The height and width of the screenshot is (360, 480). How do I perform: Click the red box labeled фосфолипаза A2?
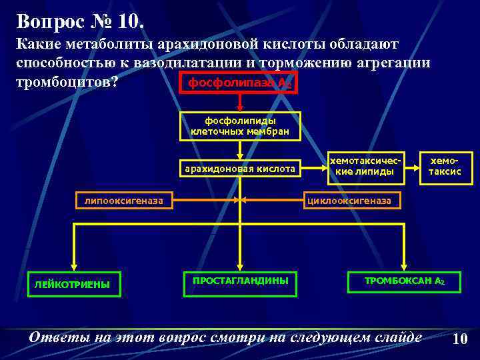pos(239,83)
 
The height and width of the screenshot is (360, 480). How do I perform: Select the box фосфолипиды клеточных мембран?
pos(240,126)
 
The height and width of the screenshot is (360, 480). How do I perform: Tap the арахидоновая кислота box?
pos(240,169)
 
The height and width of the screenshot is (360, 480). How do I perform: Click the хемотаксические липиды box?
pos(366,167)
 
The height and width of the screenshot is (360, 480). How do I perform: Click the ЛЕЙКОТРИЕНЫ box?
pos(73,284)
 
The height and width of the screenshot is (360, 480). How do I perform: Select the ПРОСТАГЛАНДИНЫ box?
pos(240,281)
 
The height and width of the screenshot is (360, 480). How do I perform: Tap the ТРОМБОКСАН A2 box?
pos(403,281)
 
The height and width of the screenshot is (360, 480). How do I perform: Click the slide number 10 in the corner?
pos(459,339)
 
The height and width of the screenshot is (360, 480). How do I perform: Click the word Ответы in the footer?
pos(59,337)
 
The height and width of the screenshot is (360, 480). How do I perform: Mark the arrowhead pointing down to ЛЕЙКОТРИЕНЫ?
pos(73,266)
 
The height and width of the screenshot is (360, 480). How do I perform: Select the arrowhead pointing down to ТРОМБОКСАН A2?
pos(403,266)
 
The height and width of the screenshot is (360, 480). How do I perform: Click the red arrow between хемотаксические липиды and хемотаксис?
pos(411,167)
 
